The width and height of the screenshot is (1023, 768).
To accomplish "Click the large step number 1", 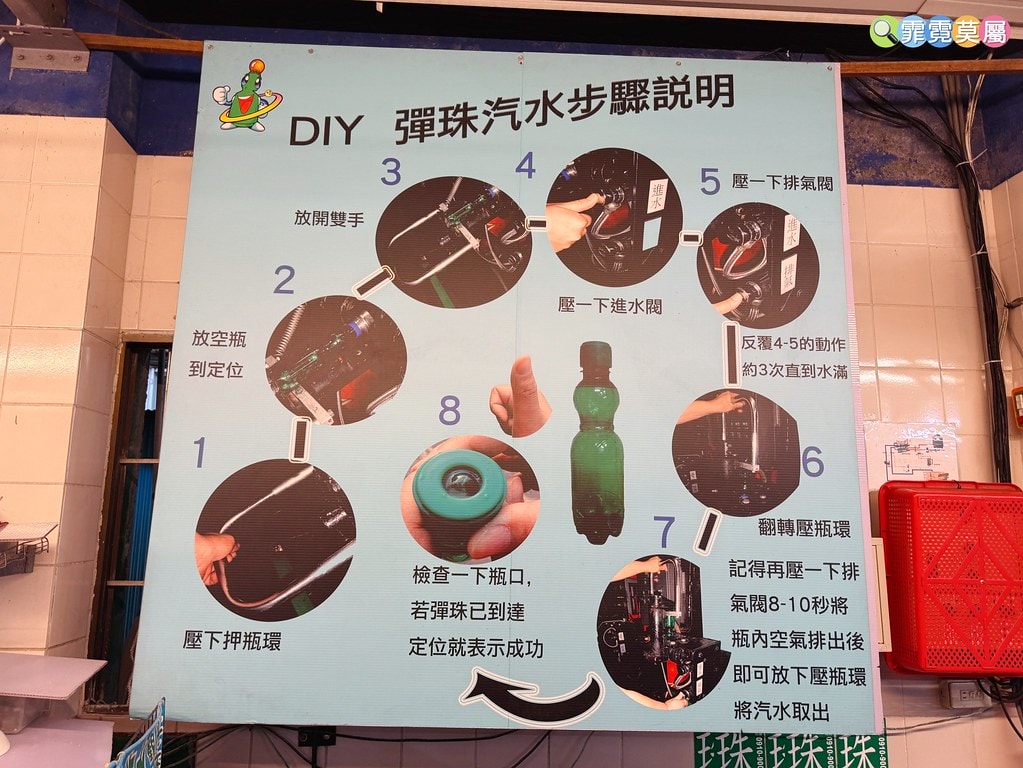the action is [200, 453].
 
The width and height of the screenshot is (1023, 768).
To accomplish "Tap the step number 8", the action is [449, 411].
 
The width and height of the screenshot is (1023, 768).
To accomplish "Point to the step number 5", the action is [709, 182].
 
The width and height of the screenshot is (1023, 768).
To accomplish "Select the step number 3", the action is [390, 172].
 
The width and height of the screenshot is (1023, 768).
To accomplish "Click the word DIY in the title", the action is [325, 131].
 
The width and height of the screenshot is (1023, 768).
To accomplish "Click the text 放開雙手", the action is [329, 218].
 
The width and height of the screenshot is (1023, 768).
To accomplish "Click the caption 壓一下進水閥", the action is [610, 305].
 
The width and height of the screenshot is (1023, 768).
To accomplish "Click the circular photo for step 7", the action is [662, 631].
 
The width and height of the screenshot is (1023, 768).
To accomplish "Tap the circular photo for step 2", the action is [335, 360].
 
